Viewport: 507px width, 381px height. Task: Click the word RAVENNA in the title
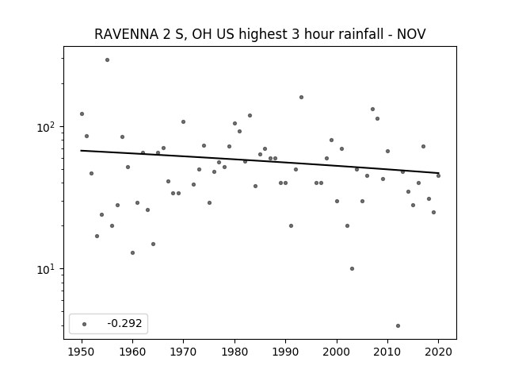pyautogui.click(x=126, y=34)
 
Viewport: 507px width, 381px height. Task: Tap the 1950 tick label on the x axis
pyautogui.click(x=82, y=352)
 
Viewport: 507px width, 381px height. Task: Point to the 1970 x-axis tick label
pyautogui.click(x=183, y=352)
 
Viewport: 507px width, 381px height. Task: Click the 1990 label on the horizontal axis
pyautogui.click(x=285, y=352)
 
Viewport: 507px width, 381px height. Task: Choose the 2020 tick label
pyautogui.click(x=438, y=352)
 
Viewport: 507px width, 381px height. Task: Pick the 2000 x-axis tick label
pyautogui.click(x=337, y=352)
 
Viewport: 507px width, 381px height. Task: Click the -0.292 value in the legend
pyautogui.click(x=124, y=323)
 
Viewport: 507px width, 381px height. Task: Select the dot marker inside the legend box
pyautogui.click(x=85, y=324)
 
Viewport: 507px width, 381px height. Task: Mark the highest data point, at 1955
pyautogui.click(x=108, y=60)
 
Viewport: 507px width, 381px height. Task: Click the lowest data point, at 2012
pyautogui.click(x=398, y=326)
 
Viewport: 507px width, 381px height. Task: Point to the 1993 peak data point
pyautogui.click(x=301, y=97)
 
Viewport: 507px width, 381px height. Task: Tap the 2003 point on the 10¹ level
pyautogui.click(x=352, y=268)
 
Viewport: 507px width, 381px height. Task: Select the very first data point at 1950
pyautogui.click(x=82, y=114)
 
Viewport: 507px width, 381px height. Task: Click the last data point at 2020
pyautogui.click(x=438, y=175)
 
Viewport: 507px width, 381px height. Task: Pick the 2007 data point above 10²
pyautogui.click(x=373, y=110)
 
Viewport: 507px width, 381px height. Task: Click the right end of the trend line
pyautogui.click(x=439, y=173)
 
